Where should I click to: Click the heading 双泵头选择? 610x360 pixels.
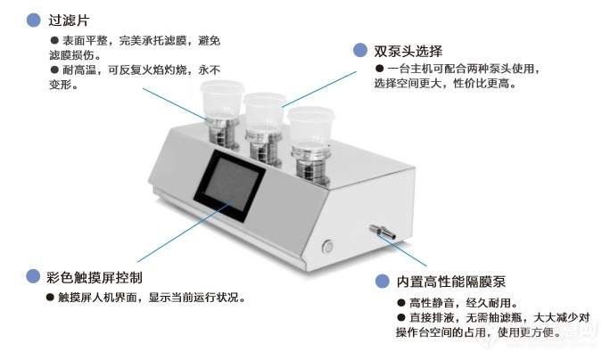pos(409,51)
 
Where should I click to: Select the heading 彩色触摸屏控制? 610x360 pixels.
pos(95,276)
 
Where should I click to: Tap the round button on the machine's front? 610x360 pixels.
pos(328,243)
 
